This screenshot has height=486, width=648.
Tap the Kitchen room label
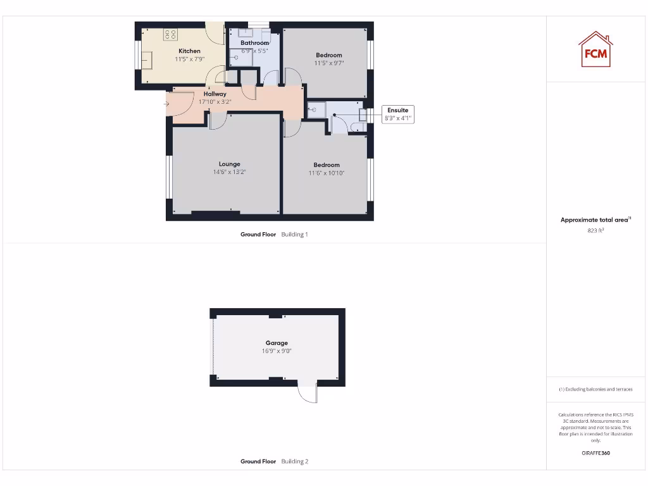click(189, 51)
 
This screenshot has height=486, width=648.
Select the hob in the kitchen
click(170, 35)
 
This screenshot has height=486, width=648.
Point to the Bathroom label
click(254, 43)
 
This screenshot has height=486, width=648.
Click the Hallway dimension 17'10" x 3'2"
click(215, 101)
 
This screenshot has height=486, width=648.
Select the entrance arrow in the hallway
click(166, 104)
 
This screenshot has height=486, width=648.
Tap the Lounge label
click(229, 164)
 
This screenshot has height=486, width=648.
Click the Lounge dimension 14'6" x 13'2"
click(229, 172)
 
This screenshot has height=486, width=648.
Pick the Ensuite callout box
click(398, 114)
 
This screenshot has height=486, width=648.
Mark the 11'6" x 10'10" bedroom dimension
click(327, 173)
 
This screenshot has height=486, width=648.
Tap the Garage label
click(277, 343)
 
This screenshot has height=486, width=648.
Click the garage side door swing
click(308, 394)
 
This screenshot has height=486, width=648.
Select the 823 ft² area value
click(595, 231)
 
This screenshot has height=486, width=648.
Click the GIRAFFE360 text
click(595, 453)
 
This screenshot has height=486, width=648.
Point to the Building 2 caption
click(294, 461)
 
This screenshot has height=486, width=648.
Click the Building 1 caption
click(294, 234)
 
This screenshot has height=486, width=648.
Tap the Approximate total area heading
click(594, 220)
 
